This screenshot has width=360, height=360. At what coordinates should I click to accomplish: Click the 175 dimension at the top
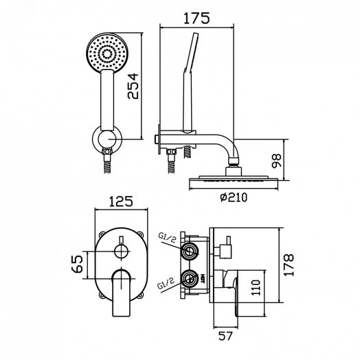(x=196, y=18)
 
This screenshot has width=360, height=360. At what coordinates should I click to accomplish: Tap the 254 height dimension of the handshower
(x=133, y=86)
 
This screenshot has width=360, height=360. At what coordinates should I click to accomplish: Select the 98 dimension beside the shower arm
(x=276, y=161)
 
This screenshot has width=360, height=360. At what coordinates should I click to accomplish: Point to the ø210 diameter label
(x=234, y=197)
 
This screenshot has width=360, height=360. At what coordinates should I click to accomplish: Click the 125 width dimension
(x=121, y=201)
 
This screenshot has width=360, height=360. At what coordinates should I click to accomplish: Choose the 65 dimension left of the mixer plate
(x=78, y=264)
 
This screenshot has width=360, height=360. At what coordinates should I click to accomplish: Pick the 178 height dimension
(x=289, y=265)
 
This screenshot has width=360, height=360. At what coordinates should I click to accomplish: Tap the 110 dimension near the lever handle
(x=256, y=287)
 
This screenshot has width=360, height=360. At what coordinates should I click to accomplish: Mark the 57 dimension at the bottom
(x=225, y=337)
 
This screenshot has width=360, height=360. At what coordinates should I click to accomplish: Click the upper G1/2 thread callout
(x=168, y=239)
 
